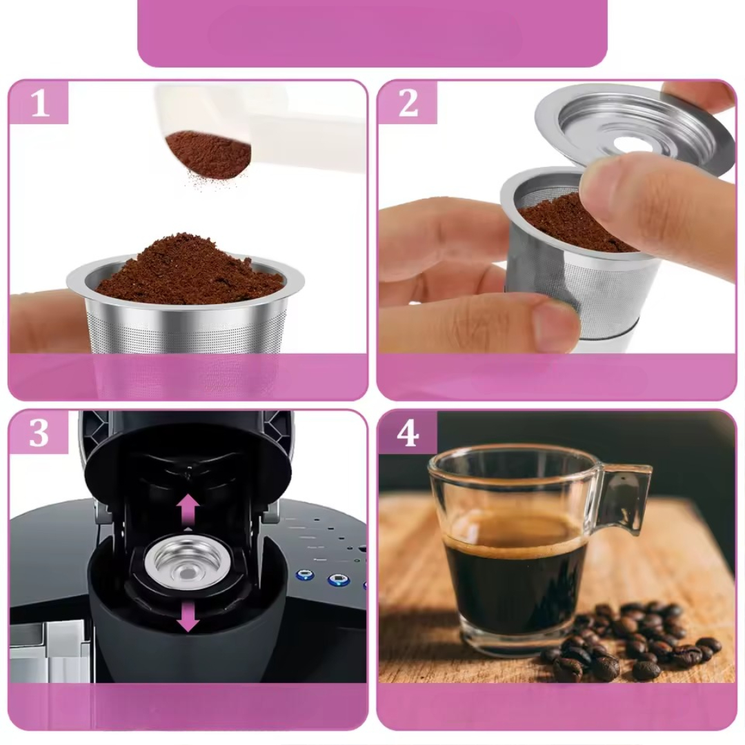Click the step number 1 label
(x=40, y=103)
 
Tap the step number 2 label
(x=408, y=103)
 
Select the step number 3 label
(x=39, y=433)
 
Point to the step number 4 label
(x=408, y=433)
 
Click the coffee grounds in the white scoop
(x=209, y=153)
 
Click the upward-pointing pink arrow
(x=188, y=510)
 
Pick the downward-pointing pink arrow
(x=188, y=615)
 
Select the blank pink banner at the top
(x=372, y=33)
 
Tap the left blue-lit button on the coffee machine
(x=305, y=576)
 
